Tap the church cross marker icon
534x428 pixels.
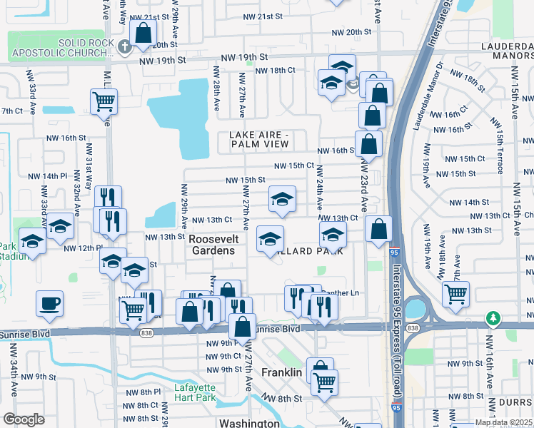[126, 48]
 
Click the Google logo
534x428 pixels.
[24, 419]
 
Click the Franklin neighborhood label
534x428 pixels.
[283, 373]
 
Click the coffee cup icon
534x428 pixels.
[49, 303]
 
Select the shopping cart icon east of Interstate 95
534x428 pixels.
[455, 292]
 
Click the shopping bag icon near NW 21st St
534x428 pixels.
[143, 33]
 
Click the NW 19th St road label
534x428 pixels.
[244, 57]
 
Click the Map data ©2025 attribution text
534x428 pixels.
[503, 422]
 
